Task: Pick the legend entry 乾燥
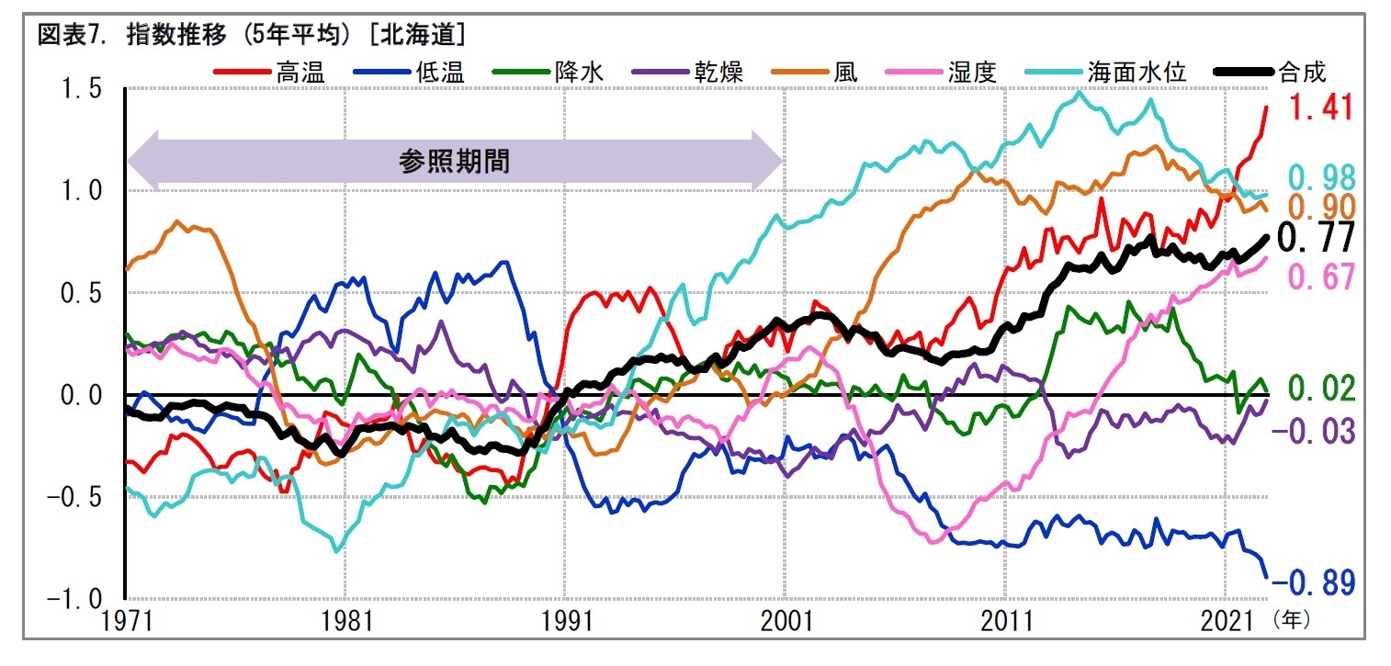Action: tap(719, 73)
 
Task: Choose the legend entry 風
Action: tap(845, 73)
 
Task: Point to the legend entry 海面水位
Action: tap(1138, 73)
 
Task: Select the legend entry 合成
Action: tap(1302, 73)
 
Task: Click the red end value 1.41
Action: tap(1320, 108)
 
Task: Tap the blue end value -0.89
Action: tap(1320, 582)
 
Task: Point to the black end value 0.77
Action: tap(1317, 238)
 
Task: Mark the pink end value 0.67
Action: tap(1320, 277)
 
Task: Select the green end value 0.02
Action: tap(1320, 389)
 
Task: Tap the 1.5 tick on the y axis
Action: tap(83, 89)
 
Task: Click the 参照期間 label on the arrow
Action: tap(454, 162)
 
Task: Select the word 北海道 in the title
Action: tap(430, 36)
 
